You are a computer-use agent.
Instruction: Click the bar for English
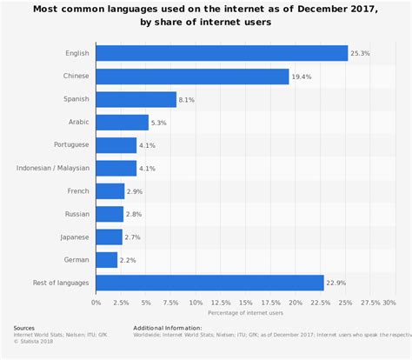pos(222,54)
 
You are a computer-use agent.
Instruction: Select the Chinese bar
pos(192,77)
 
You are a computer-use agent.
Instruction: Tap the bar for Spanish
pos(136,99)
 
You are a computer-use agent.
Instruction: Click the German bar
pos(106,259)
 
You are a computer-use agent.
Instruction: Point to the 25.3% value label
pos(360,54)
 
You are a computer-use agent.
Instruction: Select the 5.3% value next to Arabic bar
pos(160,123)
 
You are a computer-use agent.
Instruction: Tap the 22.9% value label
pos(336,282)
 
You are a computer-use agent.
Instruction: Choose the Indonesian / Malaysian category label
pos(53,168)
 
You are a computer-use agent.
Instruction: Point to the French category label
pos(76,190)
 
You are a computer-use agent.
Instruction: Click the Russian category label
pos(76,213)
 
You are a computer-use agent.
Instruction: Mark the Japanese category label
pos(73,237)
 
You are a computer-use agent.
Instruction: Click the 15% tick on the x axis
pos(245,302)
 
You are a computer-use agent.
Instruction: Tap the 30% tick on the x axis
pos(389,302)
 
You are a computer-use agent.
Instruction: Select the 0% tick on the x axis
pos(96,302)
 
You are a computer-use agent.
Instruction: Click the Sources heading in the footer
pos(25,328)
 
